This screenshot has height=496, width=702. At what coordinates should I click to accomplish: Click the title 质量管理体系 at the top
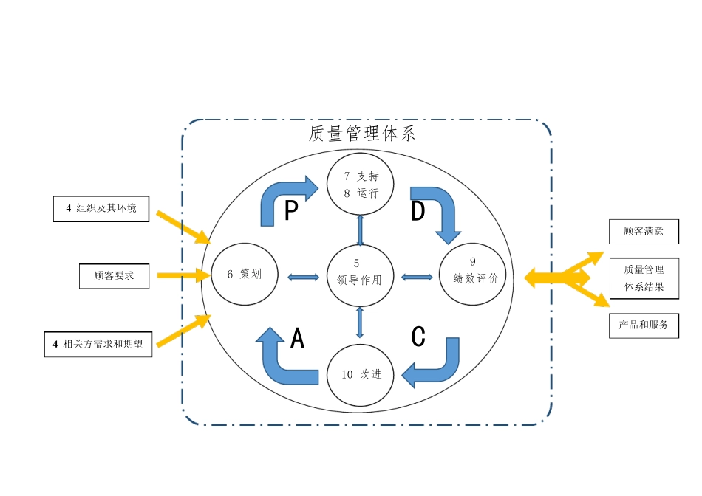(362, 134)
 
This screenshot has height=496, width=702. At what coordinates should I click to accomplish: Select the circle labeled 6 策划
(243, 274)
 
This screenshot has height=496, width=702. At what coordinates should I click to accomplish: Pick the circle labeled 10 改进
(361, 374)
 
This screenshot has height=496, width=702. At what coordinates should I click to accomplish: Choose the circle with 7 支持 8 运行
(361, 185)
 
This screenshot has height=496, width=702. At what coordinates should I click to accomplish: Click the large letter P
(291, 212)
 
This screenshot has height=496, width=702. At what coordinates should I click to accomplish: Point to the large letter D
(418, 212)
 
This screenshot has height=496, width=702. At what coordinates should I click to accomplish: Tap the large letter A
(297, 338)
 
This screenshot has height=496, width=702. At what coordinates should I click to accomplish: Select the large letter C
(418, 337)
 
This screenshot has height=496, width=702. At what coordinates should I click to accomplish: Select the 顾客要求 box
(114, 275)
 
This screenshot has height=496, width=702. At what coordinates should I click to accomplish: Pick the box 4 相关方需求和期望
(98, 344)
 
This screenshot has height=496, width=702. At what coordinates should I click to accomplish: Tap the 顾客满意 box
(643, 231)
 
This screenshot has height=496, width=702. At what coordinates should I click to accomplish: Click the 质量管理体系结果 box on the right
(643, 278)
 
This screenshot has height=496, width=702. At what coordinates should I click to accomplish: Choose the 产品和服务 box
(643, 325)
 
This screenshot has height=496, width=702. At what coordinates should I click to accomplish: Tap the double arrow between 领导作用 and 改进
(360, 322)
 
